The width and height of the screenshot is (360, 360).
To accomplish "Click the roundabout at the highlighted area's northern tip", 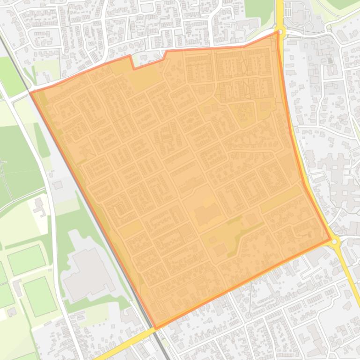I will pos(280,32).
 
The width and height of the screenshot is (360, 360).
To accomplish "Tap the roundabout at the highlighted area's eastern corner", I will pos(334,241).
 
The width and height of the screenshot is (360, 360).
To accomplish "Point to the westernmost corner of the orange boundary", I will pos(31,93).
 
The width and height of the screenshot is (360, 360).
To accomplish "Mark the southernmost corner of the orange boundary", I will pos(155,328).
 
